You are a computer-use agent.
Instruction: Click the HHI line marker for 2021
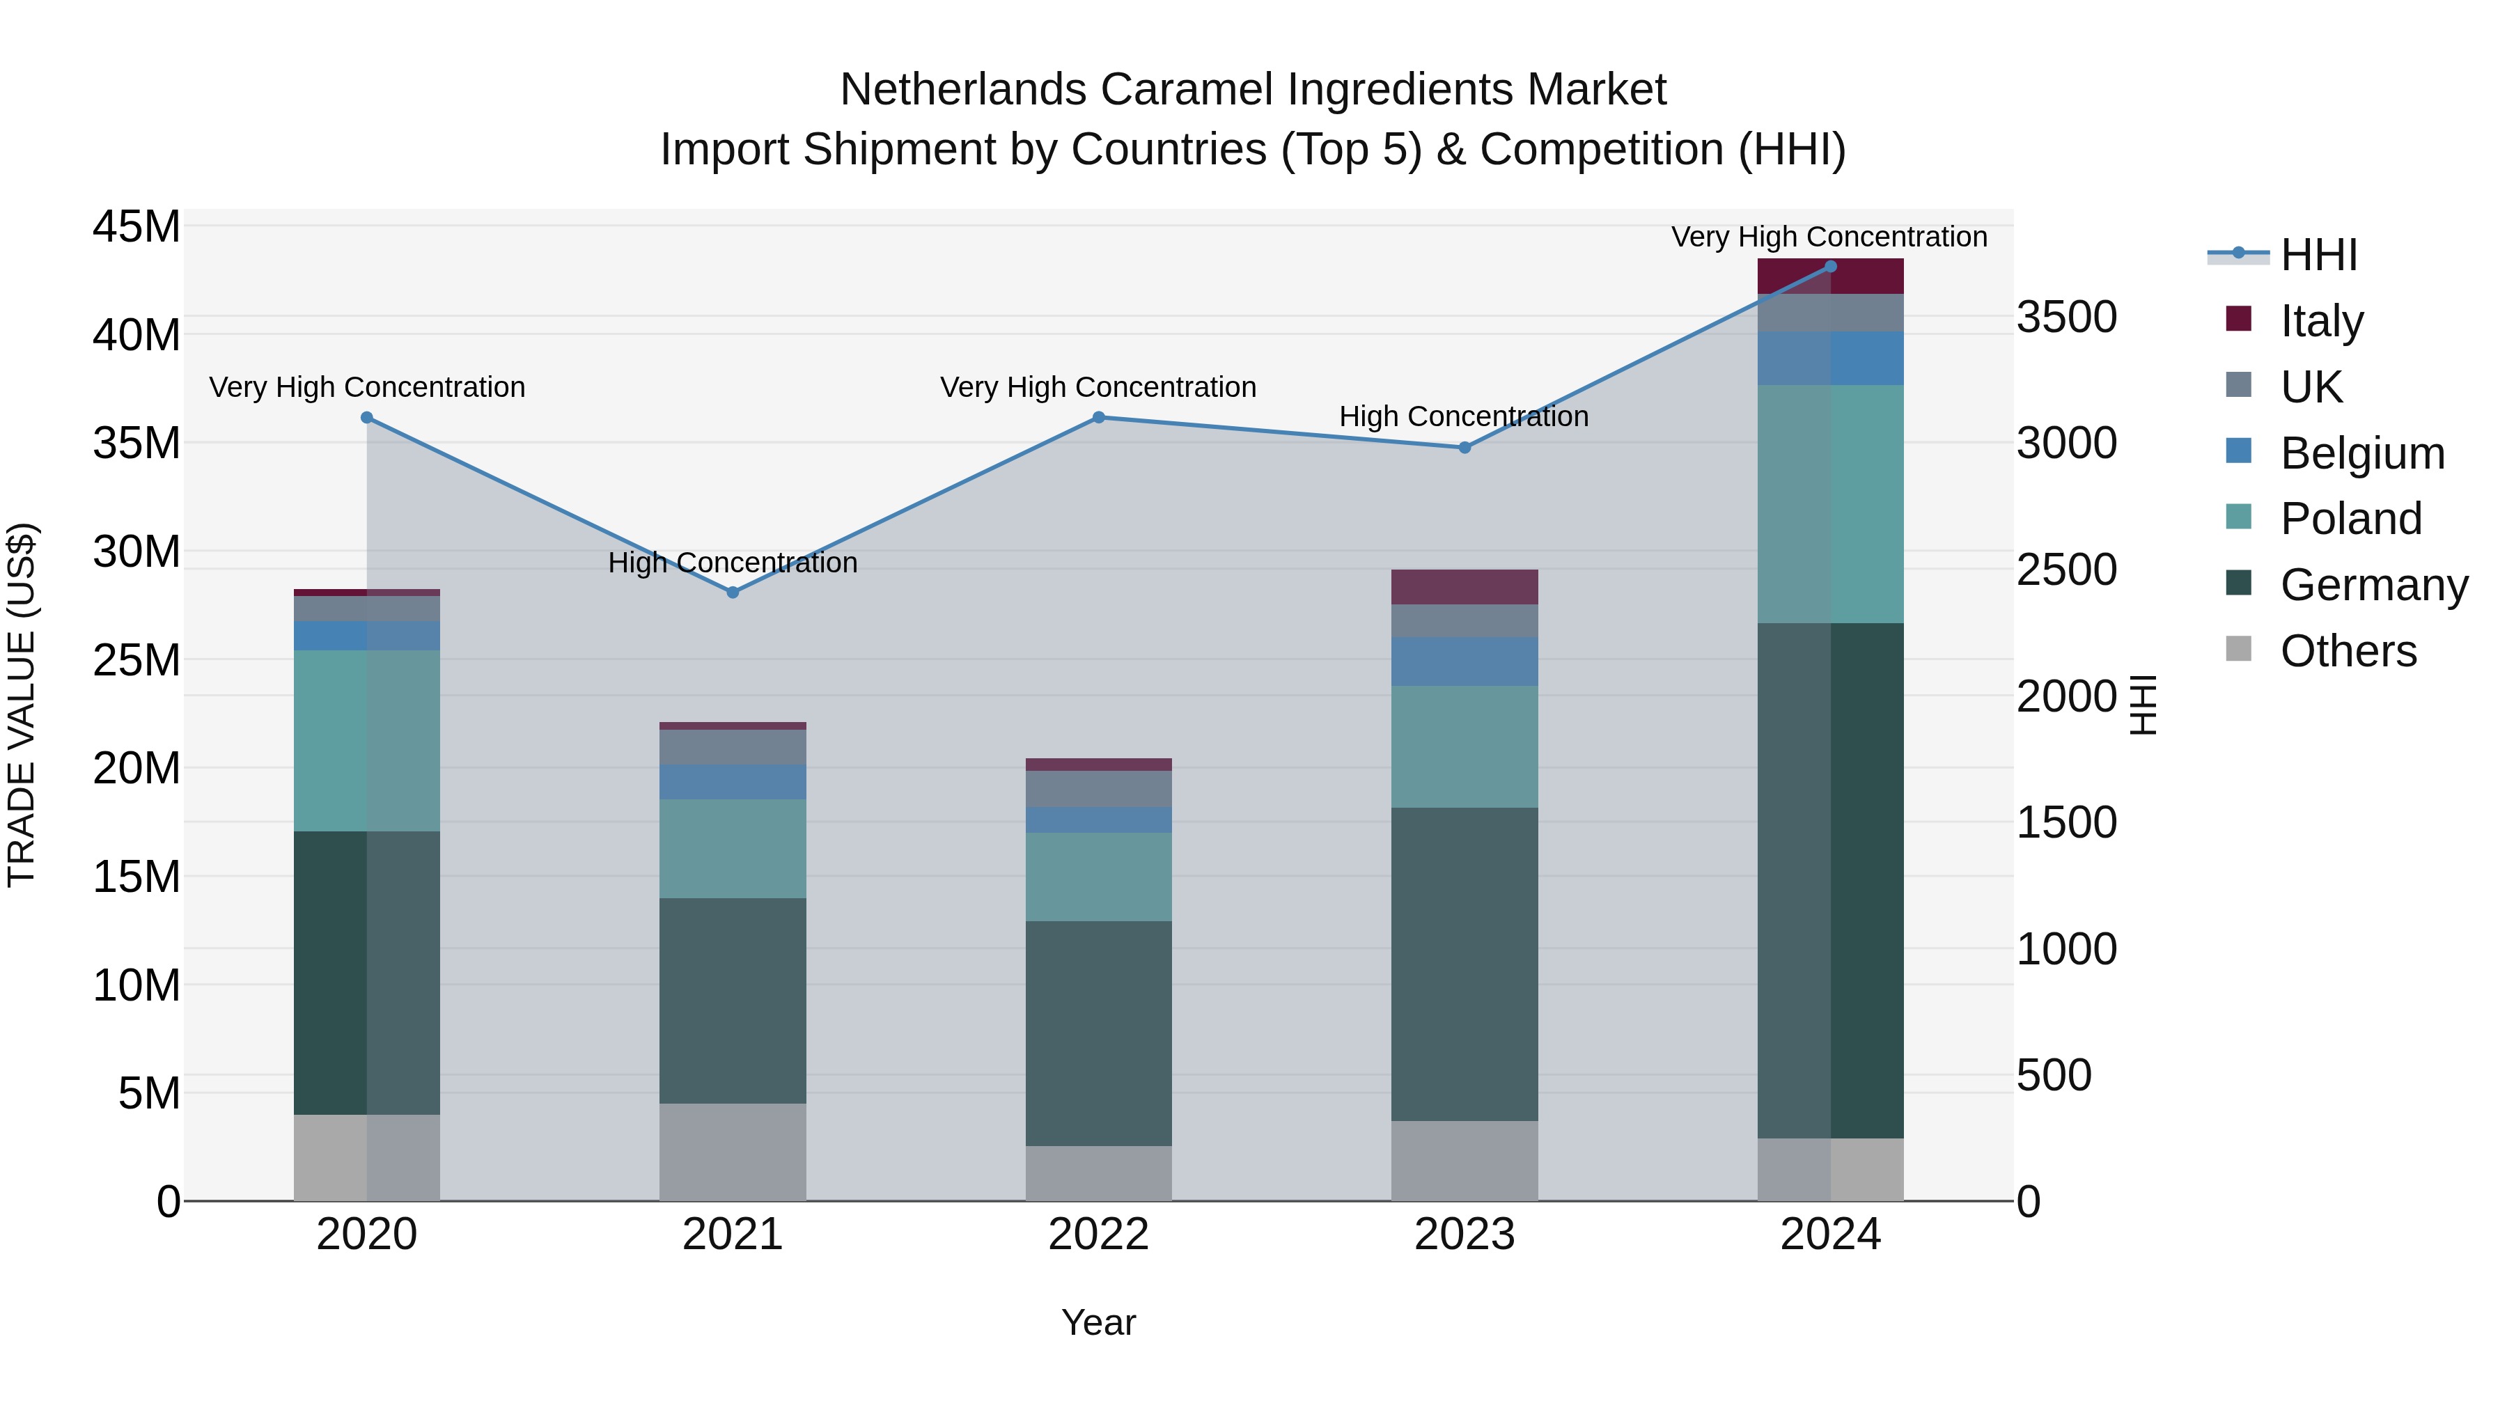click(x=733, y=593)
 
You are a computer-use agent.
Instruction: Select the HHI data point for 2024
click(x=1829, y=266)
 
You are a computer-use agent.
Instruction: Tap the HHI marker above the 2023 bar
click(x=1464, y=448)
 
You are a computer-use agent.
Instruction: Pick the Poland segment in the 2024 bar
click(x=1829, y=503)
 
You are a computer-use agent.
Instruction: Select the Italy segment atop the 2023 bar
click(x=1464, y=587)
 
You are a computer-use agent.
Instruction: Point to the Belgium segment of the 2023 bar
click(x=1464, y=661)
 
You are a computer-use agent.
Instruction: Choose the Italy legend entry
click(x=2321, y=321)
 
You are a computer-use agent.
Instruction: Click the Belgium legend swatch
click(x=2238, y=451)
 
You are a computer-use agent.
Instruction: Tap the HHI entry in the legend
click(x=2318, y=255)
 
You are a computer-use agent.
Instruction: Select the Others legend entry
click(x=2348, y=650)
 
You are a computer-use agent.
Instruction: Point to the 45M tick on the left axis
click(x=136, y=227)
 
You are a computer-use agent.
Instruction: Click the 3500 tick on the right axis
click(x=2066, y=318)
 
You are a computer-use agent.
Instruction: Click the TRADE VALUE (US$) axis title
click(x=22, y=705)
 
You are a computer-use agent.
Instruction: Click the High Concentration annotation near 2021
click(x=733, y=563)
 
